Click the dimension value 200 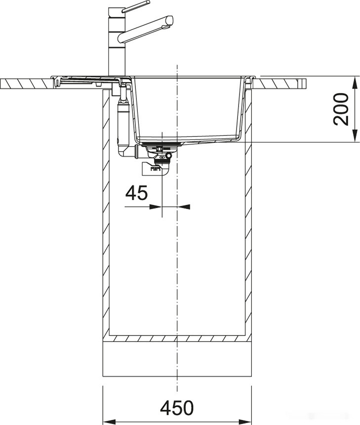341,109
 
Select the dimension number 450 177,408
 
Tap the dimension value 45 136,193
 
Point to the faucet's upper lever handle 136,6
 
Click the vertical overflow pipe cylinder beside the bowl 123,119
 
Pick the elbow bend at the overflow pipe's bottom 126,150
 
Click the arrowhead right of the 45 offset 183,207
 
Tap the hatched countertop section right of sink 281,84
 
